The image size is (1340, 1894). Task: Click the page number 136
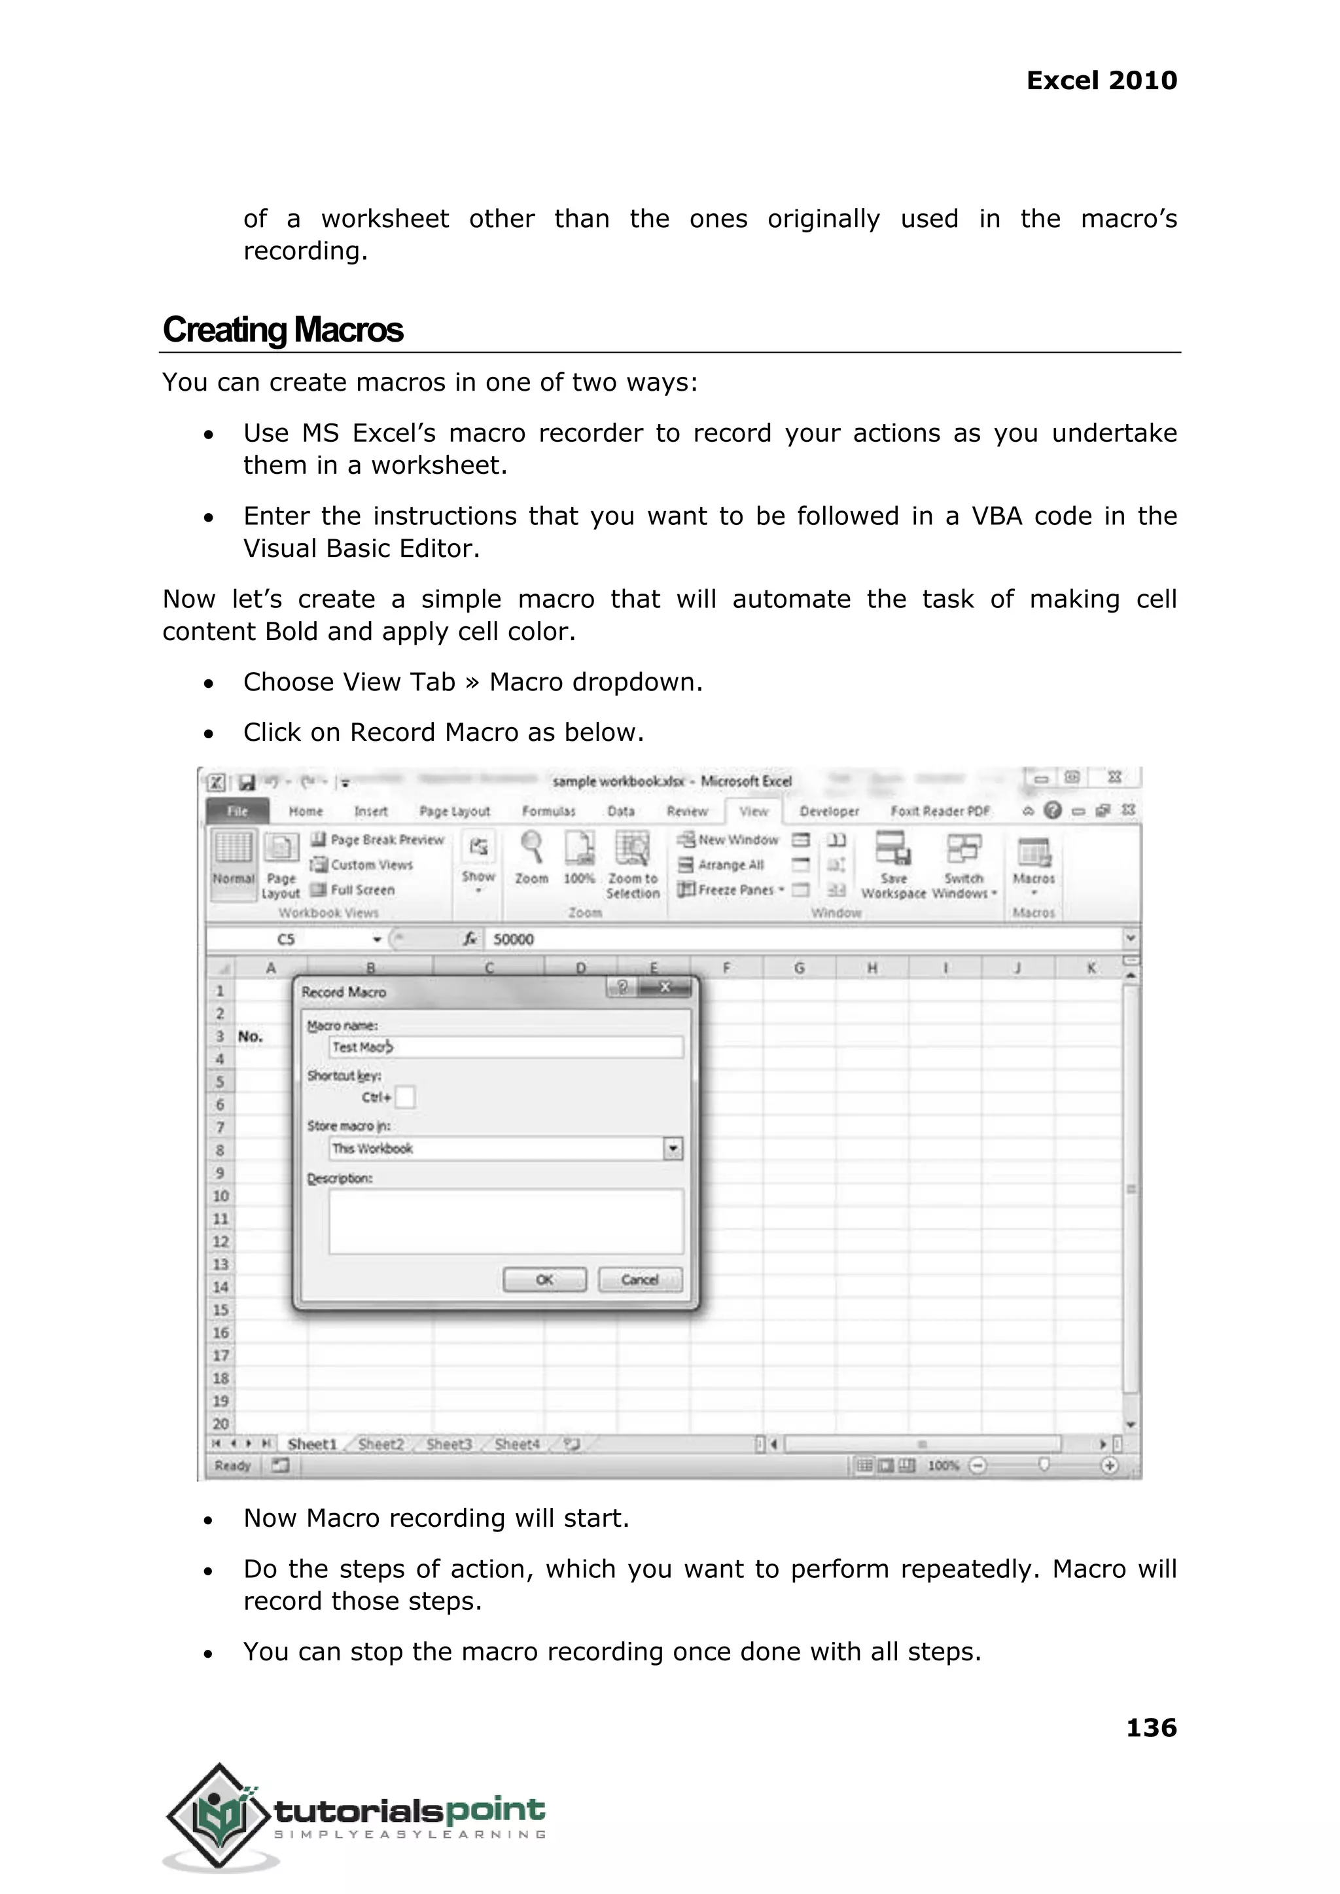(x=1151, y=1727)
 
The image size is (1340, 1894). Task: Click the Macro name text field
(x=505, y=1047)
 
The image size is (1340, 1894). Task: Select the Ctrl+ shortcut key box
(x=405, y=1098)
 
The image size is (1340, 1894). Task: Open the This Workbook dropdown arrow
(x=673, y=1149)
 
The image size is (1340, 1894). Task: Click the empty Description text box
(x=505, y=1221)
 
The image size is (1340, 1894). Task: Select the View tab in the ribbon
(x=753, y=812)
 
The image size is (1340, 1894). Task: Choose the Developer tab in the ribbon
(x=828, y=812)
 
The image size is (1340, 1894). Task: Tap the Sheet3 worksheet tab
(x=449, y=1444)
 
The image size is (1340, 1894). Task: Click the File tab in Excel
(x=238, y=812)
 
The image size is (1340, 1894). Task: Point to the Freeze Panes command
(x=730, y=889)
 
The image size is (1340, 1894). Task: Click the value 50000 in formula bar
(x=513, y=939)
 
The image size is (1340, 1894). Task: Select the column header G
(x=799, y=968)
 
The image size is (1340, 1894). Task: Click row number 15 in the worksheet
(x=220, y=1310)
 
